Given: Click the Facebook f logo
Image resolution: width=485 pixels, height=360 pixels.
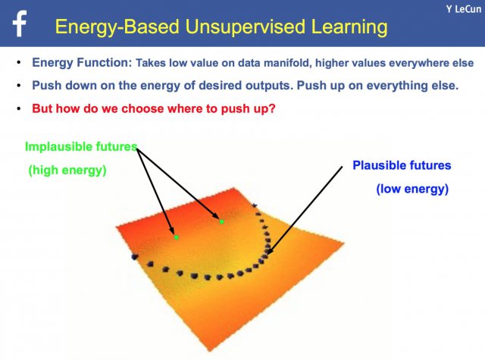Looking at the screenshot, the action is [20, 23].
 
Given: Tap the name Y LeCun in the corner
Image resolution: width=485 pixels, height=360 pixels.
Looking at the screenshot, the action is [464, 9].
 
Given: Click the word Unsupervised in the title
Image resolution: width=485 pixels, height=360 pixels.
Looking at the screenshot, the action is [246, 27].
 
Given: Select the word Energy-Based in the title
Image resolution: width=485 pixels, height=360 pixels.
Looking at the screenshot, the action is [117, 27].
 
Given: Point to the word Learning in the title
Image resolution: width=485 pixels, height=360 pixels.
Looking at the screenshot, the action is [349, 27].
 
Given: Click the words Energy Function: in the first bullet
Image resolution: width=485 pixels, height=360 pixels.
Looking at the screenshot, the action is [82, 63].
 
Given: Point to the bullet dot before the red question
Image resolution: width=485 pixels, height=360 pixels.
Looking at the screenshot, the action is [19, 108].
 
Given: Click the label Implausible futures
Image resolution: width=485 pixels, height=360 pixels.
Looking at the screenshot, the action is [81, 146].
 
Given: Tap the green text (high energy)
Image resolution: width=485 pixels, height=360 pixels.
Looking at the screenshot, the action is [67, 170].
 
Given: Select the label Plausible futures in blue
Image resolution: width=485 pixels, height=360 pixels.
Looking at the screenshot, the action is [402, 165].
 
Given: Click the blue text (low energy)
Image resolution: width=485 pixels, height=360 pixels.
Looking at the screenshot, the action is [412, 189].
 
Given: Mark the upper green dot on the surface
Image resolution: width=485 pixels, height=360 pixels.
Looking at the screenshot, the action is [222, 221].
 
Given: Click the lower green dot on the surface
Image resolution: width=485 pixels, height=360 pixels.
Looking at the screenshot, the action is [177, 237].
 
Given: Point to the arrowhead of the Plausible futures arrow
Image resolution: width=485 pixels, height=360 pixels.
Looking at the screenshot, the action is [267, 254].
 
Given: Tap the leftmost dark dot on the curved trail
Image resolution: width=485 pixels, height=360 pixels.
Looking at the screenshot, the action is [135, 256].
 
